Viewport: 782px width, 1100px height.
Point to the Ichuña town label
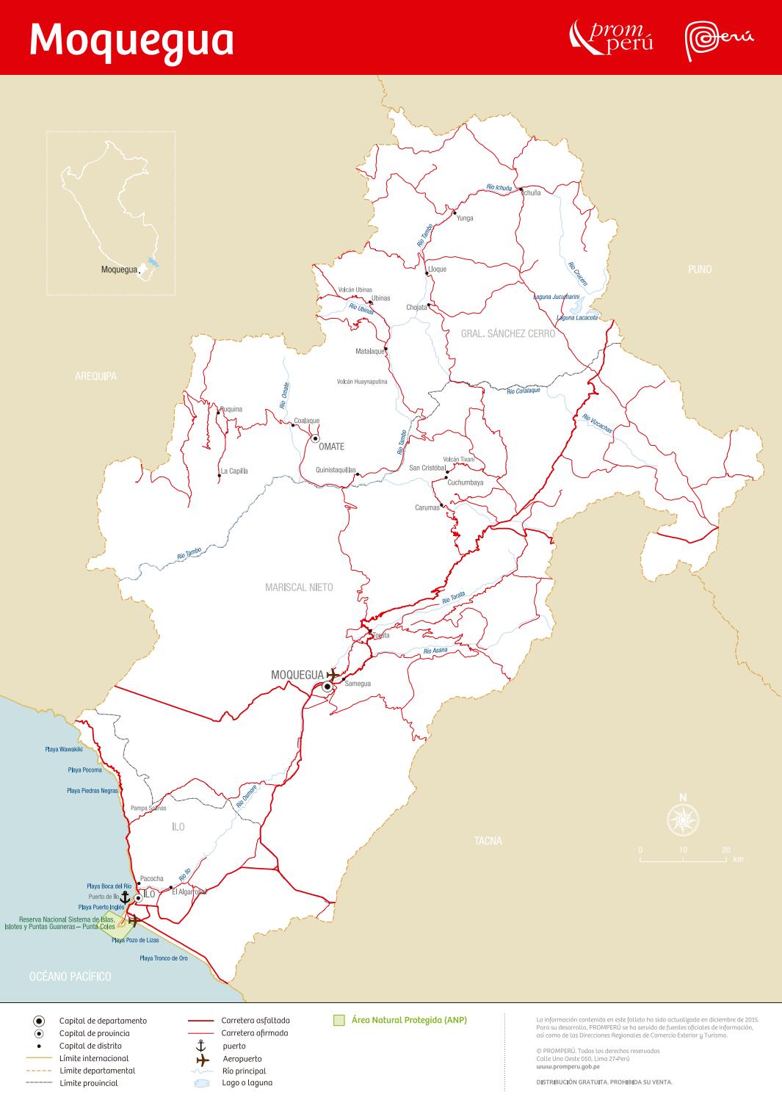(x=529, y=192)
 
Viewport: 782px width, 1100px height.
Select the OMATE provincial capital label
(x=331, y=446)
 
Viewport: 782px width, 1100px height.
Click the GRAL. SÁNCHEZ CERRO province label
(x=507, y=333)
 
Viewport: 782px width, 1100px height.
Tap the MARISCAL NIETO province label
(x=299, y=587)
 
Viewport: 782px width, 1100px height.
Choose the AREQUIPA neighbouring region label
(x=95, y=377)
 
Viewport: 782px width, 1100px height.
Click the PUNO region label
(x=699, y=269)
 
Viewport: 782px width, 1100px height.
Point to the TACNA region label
(x=488, y=841)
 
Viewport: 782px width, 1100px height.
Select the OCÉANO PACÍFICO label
(x=70, y=977)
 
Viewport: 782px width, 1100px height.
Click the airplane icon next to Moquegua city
(x=334, y=674)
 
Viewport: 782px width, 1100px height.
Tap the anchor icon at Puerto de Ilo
(x=125, y=897)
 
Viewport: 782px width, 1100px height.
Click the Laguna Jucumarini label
(x=556, y=297)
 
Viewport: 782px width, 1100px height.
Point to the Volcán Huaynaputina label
(x=361, y=382)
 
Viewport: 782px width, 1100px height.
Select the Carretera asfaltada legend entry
(x=256, y=1021)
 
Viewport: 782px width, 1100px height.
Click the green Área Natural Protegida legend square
(x=338, y=1020)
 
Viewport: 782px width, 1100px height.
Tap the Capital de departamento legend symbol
(x=39, y=1021)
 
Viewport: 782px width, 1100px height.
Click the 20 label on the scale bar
(x=725, y=850)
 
